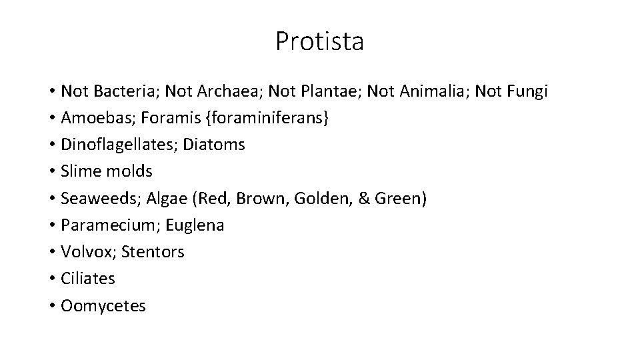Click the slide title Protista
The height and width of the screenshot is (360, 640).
pyautogui.click(x=319, y=41)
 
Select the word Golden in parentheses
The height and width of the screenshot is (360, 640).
pyautogui.click(x=318, y=198)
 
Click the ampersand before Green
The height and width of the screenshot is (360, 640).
pyautogui.click(x=364, y=198)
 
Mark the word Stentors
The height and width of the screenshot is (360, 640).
pyautogui.click(x=155, y=252)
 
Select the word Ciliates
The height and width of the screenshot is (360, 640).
pyautogui.click(x=88, y=279)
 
